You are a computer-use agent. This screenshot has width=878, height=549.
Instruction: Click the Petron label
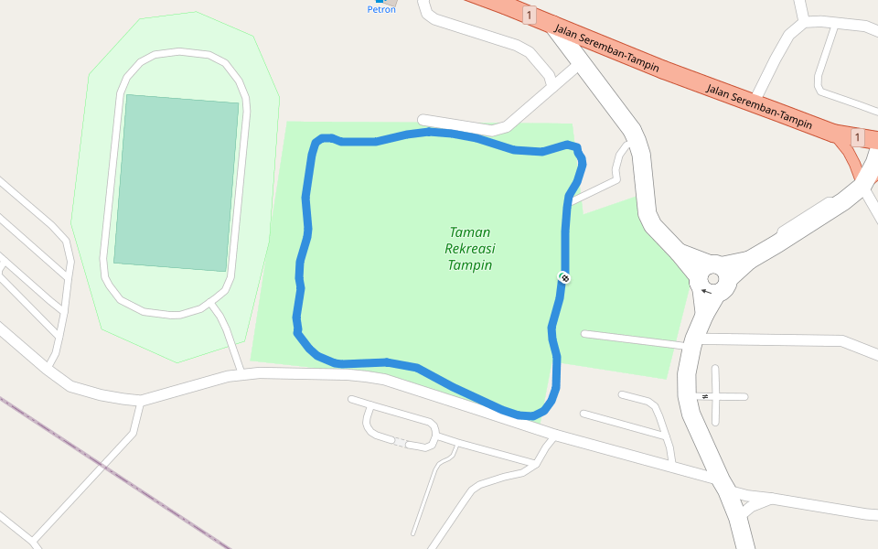coord(380,9)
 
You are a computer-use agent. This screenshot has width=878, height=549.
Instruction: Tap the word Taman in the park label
coord(470,232)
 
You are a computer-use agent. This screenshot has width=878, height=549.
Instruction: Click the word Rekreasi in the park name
coord(469,249)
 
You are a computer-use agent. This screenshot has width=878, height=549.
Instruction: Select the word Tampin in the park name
coord(470,265)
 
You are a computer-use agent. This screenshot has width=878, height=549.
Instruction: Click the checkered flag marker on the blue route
coord(564,276)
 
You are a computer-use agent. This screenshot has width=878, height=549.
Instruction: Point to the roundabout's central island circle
coord(713,279)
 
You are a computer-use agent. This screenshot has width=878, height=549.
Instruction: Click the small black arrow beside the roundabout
coord(705,291)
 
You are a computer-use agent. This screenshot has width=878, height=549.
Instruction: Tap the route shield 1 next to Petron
coord(529,15)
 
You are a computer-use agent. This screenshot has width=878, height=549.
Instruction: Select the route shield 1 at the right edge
coord(857,137)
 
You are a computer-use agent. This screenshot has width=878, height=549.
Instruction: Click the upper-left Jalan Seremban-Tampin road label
coord(606,48)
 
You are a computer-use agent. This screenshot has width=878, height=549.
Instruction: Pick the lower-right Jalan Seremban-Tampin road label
coord(759,106)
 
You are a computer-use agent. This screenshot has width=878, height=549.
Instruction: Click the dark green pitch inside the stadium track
coord(177,183)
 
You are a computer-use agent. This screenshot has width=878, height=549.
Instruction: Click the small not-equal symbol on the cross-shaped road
coord(705,396)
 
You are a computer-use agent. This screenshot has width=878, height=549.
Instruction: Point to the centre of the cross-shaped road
coord(715,396)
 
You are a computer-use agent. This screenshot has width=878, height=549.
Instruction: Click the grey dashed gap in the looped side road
coord(400,443)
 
